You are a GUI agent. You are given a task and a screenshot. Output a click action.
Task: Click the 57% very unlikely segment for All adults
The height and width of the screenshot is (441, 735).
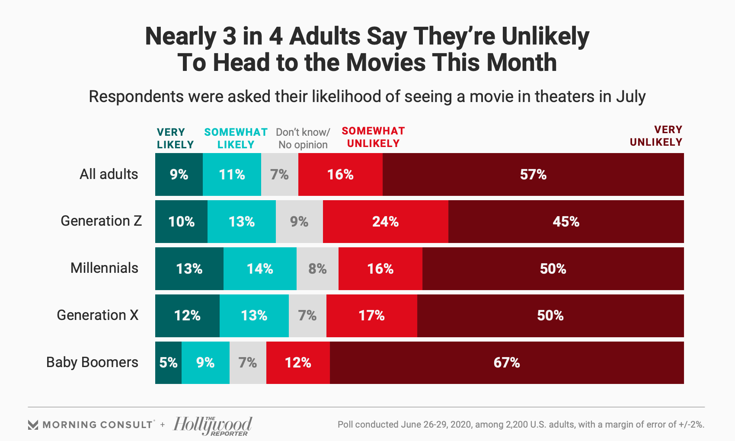pyautogui.click(x=533, y=175)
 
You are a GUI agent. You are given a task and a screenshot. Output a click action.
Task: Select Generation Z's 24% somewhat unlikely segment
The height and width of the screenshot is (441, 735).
pyautogui.click(x=385, y=222)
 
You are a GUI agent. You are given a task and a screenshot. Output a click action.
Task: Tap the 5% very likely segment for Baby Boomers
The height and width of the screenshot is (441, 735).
pyautogui.click(x=168, y=363)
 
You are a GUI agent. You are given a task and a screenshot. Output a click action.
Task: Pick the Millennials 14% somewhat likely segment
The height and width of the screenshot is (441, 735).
pyautogui.click(x=260, y=269)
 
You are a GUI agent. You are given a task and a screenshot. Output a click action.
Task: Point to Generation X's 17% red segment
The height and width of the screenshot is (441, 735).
pyautogui.click(x=371, y=316)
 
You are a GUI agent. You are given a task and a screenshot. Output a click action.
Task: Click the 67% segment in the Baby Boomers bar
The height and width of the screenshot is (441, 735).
pyautogui.click(x=507, y=363)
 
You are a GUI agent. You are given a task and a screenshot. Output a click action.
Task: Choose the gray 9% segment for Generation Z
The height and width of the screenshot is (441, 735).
pyautogui.click(x=299, y=222)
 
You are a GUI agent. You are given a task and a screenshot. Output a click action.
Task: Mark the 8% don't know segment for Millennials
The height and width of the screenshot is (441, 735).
pyautogui.click(x=317, y=269)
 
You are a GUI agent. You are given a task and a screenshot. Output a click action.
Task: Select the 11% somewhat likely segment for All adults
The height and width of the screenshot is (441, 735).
pyautogui.click(x=232, y=175)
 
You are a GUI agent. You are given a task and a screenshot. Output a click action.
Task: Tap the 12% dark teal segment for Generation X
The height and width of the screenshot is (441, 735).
pyautogui.click(x=187, y=316)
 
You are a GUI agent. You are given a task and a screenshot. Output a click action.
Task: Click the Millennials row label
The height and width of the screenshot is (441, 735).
pyautogui.click(x=104, y=268)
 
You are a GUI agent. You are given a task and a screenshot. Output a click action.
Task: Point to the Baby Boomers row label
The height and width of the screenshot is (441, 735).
pyautogui.click(x=92, y=362)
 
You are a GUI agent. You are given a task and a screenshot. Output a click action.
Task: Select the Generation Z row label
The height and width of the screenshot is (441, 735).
pyautogui.click(x=101, y=221)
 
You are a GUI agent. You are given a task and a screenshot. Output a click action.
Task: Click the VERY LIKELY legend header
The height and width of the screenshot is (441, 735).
pyautogui.click(x=175, y=138)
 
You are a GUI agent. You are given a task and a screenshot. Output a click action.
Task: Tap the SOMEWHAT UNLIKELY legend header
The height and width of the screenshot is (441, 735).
pyautogui.click(x=373, y=137)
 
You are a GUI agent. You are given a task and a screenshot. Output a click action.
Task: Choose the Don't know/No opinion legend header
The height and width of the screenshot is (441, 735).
pyautogui.click(x=303, y=138)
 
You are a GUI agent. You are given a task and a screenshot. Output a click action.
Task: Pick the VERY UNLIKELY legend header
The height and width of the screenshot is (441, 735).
pyautogui.click(x=656, y=136)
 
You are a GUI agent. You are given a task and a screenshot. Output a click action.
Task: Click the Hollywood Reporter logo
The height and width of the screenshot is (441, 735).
pyautogui.click(x=213, y=425)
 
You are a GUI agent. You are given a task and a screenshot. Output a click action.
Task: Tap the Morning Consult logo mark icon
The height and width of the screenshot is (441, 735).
pyautogui.click(x=33, y=425)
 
